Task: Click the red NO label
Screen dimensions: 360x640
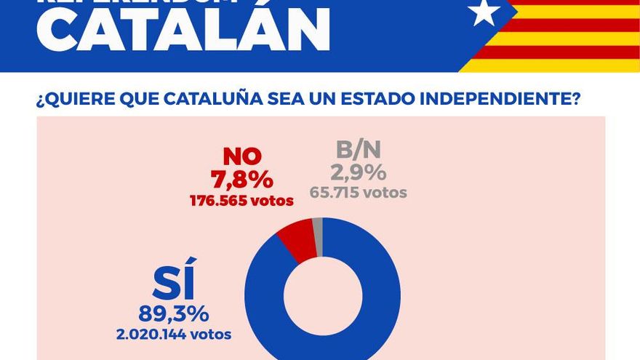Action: click(241, 156)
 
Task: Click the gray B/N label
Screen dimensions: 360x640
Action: click(358, 151)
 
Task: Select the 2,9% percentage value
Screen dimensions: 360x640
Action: click(358, 173)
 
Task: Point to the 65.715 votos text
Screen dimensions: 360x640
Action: click(358, 193)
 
